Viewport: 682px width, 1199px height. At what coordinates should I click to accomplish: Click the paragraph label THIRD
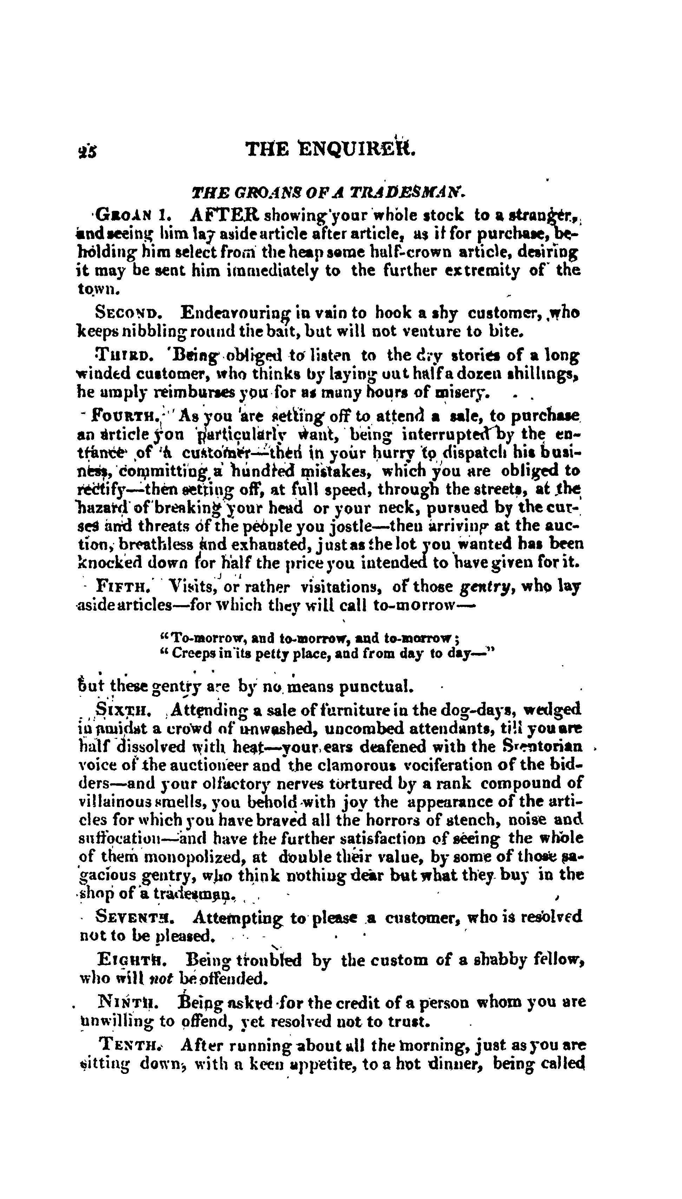125,356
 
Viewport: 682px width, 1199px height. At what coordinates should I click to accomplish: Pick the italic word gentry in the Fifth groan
489,586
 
